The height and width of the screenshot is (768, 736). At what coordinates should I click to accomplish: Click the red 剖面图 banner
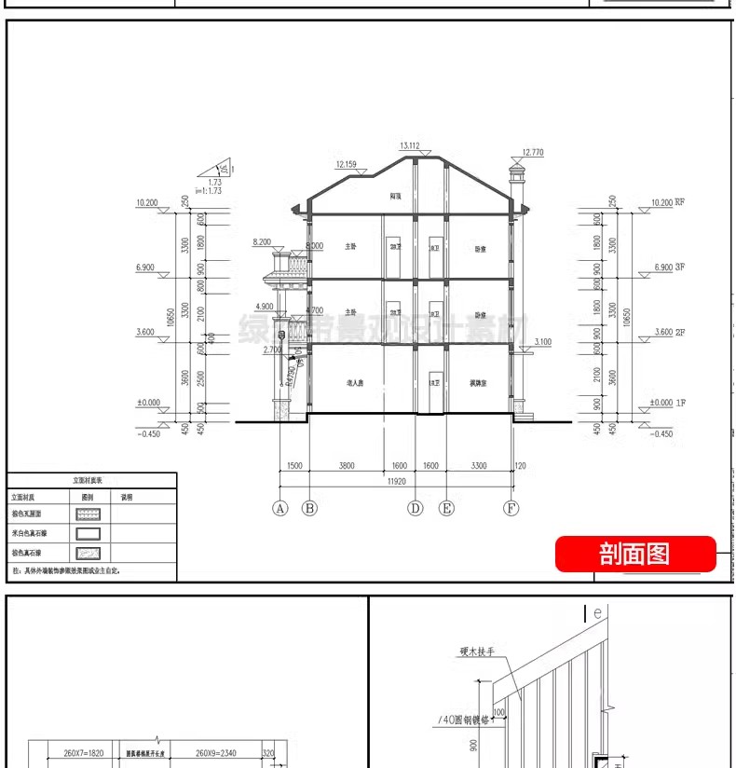click(635, 554)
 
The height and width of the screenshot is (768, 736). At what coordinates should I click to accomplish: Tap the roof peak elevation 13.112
click(410, 145)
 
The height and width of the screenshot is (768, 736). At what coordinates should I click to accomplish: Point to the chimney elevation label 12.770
click(533, 151)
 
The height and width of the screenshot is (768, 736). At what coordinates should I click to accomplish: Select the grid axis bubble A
click(279, 508)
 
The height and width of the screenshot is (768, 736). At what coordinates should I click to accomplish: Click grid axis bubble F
click(511, 508)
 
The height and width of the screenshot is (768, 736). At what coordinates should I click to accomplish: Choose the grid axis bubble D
click(416, 508)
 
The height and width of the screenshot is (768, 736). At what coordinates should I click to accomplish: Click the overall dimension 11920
click(396, 482)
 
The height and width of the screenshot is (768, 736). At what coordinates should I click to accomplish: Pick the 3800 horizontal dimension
click(346, 465)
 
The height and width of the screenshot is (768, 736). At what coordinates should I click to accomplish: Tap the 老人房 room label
click(353, 383)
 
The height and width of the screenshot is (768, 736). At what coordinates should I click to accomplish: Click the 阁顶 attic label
click(396, 198)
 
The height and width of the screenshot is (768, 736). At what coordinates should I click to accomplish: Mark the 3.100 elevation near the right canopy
click(543, 342)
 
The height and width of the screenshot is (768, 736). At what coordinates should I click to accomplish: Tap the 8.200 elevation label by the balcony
click(262, 241)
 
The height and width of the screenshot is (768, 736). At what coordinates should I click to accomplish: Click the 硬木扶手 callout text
click(476, 652)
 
